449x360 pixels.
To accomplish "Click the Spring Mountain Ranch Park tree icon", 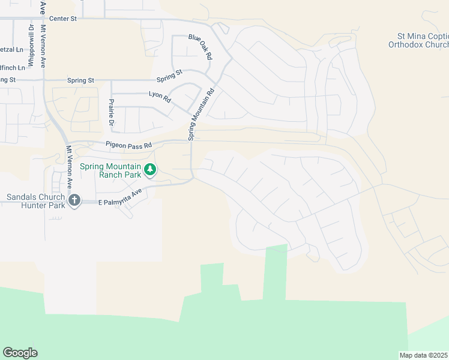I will [x=150, y=170].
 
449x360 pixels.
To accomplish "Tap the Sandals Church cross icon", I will [x=74, y=200].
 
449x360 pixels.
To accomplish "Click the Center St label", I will [x=64, y=19].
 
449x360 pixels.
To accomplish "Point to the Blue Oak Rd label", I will [x=200, y=46].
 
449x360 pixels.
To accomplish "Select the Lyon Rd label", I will [x=160, y=97].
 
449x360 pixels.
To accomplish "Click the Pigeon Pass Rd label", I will [x=129, y=145].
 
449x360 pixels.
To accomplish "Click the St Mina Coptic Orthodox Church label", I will [x=418, y=40].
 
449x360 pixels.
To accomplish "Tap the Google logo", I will [x=20, y=353].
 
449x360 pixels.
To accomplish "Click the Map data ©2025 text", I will [x=424, y=355].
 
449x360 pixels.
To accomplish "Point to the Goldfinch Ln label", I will [x=12, y=67].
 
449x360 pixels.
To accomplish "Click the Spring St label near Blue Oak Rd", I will [x=169, y=76].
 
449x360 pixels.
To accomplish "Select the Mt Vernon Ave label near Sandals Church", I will [x=69, y=166].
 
